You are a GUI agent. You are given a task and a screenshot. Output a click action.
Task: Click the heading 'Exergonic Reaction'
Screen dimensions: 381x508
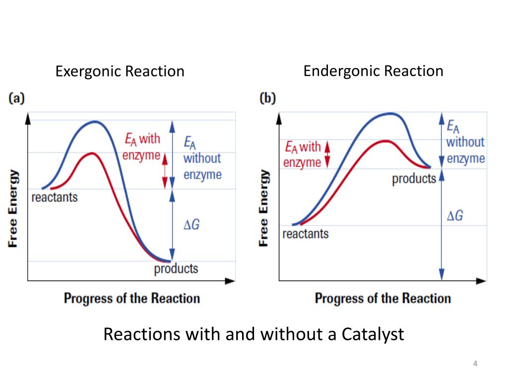(120, 71)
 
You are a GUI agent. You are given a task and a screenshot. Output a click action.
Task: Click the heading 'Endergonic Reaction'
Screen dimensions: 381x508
(373, 71)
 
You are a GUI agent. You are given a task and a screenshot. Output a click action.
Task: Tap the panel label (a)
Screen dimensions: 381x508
(16, 98)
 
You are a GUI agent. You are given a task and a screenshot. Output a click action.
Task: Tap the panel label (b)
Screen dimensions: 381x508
(267, 98)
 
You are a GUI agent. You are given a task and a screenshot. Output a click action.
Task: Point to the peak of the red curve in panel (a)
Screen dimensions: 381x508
(91, 153)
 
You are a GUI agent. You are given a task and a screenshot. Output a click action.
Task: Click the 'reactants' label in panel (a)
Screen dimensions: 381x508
(55, 197)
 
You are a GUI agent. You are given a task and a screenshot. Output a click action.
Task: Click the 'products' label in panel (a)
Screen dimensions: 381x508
(176, 269)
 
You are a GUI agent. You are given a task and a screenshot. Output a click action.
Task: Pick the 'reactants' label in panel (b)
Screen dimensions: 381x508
(306, 233)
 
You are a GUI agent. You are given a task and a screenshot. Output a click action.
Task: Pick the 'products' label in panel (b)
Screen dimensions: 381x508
(414, 179)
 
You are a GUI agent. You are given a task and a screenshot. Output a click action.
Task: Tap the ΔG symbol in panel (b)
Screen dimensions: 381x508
(455, 216)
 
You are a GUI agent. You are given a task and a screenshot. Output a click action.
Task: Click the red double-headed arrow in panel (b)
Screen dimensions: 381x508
(327, 153)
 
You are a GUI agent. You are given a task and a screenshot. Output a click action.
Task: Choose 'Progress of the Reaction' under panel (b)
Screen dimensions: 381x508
(382, 298)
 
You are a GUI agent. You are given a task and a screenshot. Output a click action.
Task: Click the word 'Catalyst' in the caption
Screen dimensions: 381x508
(373, 334)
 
